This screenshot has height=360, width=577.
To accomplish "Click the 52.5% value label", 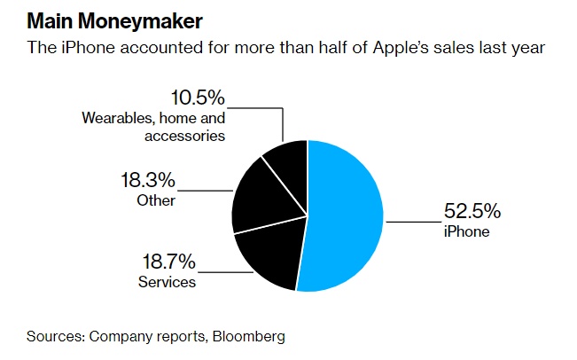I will (x=472, y=213).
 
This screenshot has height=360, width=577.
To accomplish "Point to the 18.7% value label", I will (x=168, y=262).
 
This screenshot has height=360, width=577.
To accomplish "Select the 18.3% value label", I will (x=147, y=180).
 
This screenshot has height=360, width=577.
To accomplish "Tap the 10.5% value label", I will (x=198, y=97).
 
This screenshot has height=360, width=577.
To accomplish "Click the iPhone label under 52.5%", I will (x=465, y=232).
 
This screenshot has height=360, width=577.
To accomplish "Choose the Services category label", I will (x=167, y=282).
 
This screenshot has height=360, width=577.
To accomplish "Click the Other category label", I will (x=156, y=200).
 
